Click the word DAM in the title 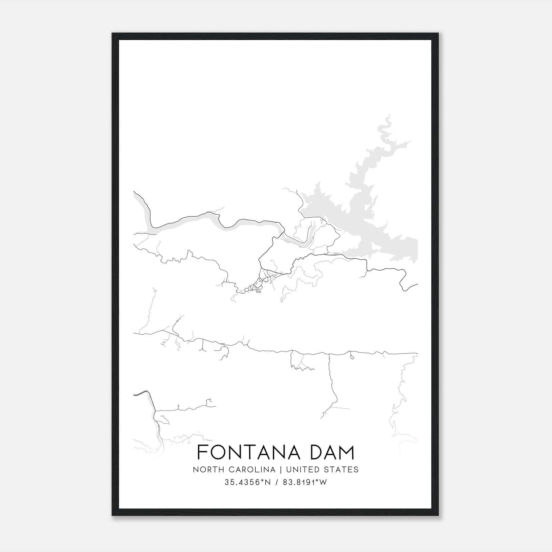332,453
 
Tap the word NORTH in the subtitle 205,470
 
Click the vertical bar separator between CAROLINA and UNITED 279,470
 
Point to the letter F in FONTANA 201,453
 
